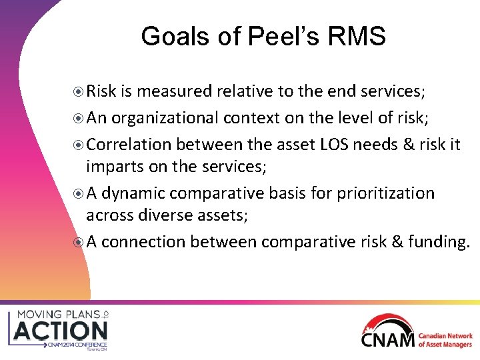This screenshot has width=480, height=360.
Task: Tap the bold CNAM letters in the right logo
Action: tap(388, 339)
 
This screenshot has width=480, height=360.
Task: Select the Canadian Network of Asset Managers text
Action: tap(445, 339)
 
